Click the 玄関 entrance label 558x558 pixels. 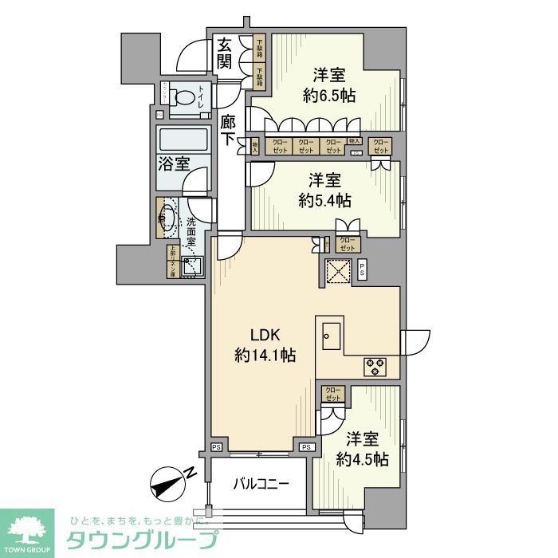click(x=225, y=54)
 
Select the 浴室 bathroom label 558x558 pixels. click(x=173, y=165)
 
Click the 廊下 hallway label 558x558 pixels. click(x=228, y=130)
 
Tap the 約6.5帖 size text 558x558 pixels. click(x=328, y=96)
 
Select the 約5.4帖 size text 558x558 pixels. click(x=325, y=201)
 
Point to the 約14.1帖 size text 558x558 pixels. click(x=265, y=356)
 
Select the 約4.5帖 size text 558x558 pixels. click(x=363, y=459)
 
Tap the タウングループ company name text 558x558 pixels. click(x=140, y=540)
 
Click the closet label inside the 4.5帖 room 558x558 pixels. click(x=333, y=394)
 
